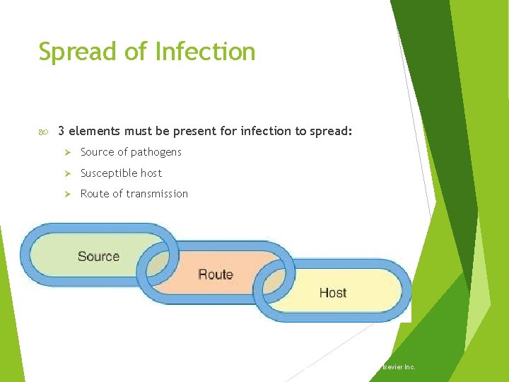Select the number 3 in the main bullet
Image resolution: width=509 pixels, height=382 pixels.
(62, 131)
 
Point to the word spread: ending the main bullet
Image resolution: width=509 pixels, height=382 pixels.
(332, 131)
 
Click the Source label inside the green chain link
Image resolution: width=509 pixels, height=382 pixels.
(98, 256)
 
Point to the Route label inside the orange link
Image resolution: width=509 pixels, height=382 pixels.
(216, 274)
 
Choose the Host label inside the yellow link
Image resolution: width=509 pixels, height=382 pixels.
(332, 292)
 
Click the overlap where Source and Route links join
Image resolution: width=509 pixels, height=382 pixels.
(158, 265)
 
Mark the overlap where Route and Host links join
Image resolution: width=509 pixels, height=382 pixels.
(275, 283)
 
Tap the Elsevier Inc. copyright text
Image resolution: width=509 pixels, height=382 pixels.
(398, 367)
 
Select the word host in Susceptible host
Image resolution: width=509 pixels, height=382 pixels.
(151, 173)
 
